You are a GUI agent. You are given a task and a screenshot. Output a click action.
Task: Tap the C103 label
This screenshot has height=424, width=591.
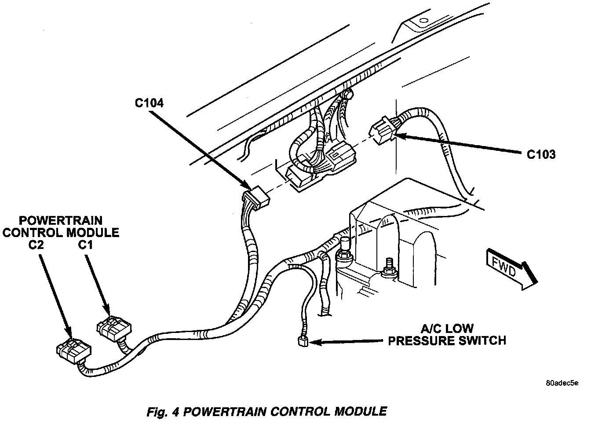[541, 154]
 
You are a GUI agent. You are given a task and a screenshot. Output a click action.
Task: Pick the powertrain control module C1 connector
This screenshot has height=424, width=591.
[113, 327]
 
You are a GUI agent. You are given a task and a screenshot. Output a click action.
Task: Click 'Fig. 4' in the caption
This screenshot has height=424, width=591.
[162, 412]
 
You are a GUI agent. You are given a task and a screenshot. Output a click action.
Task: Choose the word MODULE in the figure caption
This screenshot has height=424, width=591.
[360, 412]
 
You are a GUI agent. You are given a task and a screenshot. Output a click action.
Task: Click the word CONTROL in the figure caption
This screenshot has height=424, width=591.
[298, 412]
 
